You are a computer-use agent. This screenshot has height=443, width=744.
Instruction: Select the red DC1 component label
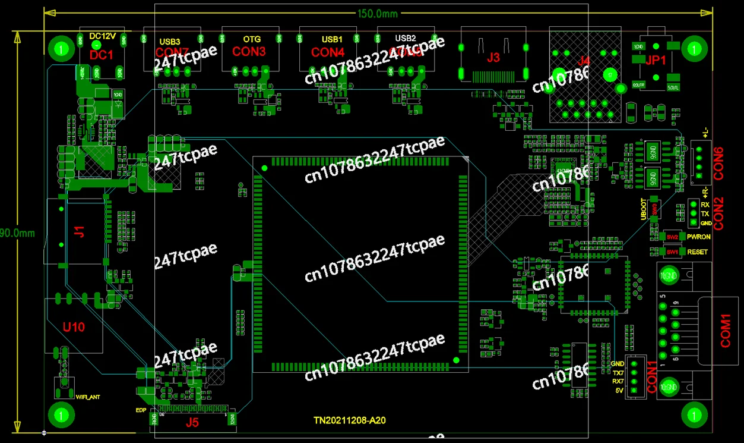[x=101, y=55]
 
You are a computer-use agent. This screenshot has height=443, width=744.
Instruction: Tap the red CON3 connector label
[x=249, y=52]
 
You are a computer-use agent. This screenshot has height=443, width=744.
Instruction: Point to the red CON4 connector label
[x=328, y=52]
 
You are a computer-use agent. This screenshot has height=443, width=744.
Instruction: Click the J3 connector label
[x=493, y=58]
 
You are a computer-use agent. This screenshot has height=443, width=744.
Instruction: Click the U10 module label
[x=74, y=327]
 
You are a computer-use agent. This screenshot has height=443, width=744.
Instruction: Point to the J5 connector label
[x=192, y=423]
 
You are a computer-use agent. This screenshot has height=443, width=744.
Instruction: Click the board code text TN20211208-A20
[x=350, y=421]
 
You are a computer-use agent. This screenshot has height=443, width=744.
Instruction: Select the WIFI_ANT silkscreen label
[x=88, y=395]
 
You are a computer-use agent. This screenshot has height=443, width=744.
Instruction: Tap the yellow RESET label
[x=697, y=252]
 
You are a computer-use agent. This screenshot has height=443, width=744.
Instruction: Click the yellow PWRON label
[x=698, y=237]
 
